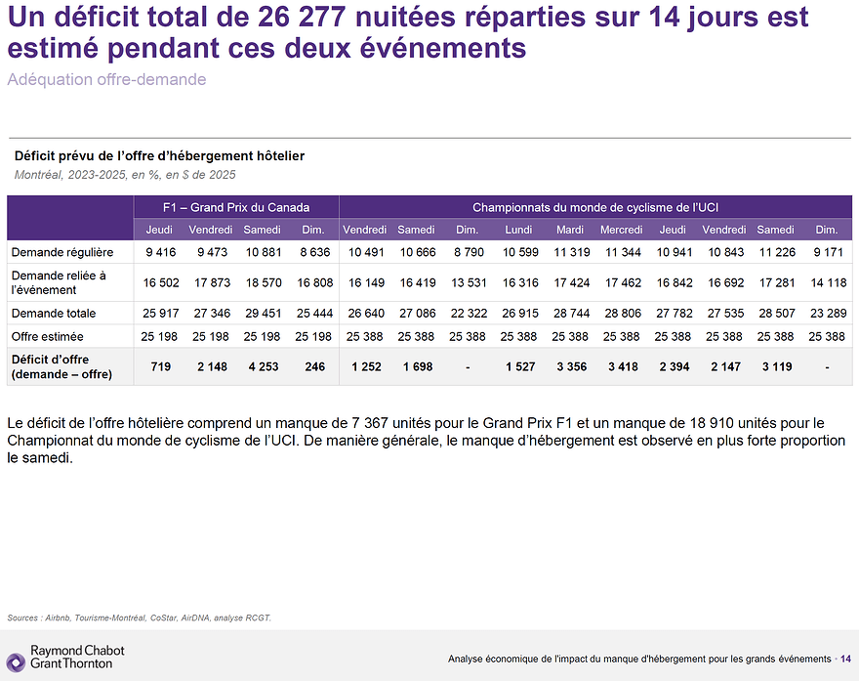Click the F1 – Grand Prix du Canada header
[236, 207]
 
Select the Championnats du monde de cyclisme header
[595, 207]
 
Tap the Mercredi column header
[621, 230]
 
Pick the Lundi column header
[518, 230]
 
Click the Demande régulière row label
[62, 252]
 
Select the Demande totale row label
[54, 314]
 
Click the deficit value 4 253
[262, 366]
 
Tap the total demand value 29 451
[262, 314]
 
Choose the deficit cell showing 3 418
[621, 366]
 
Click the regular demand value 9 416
[159, 252]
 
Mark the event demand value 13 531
[467, 282]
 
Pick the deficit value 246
[313, 366]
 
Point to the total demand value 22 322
[467, 314]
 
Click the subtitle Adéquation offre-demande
[106, 79]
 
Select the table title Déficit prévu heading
[159, 155]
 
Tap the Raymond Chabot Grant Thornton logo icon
[16, 661]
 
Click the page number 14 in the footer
[845, 659]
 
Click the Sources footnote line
[139, 617]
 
